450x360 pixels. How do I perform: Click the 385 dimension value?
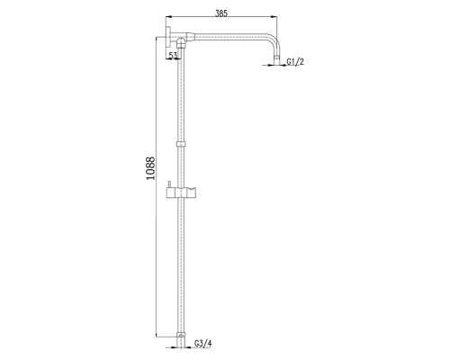coord(221,13)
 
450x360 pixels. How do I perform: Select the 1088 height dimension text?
coord(150,168)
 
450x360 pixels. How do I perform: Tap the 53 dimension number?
coord(173,55)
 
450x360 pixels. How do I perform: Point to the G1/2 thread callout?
coord(295,62)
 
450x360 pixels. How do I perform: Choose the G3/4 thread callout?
coord(203,343)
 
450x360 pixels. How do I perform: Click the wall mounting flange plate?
coord(168,37)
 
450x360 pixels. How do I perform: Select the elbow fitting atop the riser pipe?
coord(181,43)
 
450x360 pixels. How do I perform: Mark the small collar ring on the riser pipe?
coord(181,144)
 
